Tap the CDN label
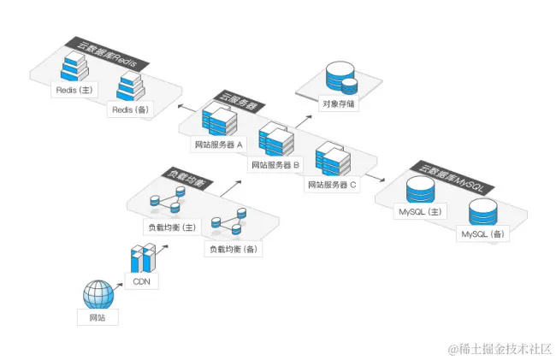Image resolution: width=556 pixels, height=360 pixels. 142,280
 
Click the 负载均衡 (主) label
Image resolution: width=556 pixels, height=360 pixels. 171,227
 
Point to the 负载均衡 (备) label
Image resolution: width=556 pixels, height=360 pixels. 233,249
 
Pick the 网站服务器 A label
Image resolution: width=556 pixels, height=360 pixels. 219,145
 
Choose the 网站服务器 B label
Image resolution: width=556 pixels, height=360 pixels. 276,163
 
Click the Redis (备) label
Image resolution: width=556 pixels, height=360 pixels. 129,109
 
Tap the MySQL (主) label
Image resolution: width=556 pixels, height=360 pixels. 419,210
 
